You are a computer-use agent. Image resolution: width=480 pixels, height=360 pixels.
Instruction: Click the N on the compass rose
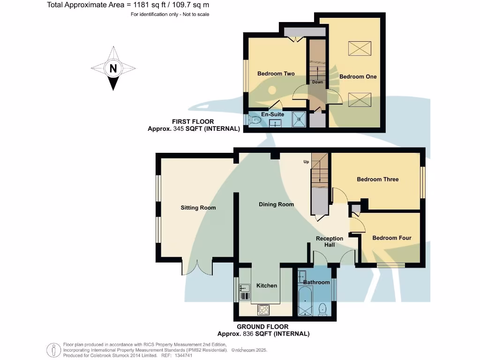pyautogui.click(x=113, y=68)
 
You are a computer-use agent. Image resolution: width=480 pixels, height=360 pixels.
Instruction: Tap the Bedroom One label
pyautogui.click(x=358, y=76)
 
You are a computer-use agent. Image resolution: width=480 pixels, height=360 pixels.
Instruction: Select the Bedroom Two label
pyautogui.click(x=276, y=74)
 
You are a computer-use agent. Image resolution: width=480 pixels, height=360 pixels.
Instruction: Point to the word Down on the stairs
pyautogui.click(x=317, y=82)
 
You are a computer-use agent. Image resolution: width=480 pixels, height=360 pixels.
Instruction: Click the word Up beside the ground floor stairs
pyautogui.click(x=306, y=162)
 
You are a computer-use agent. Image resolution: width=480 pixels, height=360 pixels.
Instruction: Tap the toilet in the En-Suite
pyautogui.click(x=255, y=120)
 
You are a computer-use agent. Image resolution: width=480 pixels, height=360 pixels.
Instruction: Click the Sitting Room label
pyautogui.click(x=198, y=208)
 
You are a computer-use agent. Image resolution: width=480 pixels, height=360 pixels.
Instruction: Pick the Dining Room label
pyautogui.click(x=276, y=204)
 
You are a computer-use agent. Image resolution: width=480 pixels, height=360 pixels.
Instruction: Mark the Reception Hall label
pyautogui.click(x=329, y=241)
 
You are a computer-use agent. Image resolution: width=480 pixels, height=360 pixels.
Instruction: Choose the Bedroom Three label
pyautogui.click(x=377, y=179)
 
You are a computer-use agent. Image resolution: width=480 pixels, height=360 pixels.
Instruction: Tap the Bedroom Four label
pyautogui.click(x=391, y=238)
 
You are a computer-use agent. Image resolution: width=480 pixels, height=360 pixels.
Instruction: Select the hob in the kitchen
pyautogui.click(x=262, y=310)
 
